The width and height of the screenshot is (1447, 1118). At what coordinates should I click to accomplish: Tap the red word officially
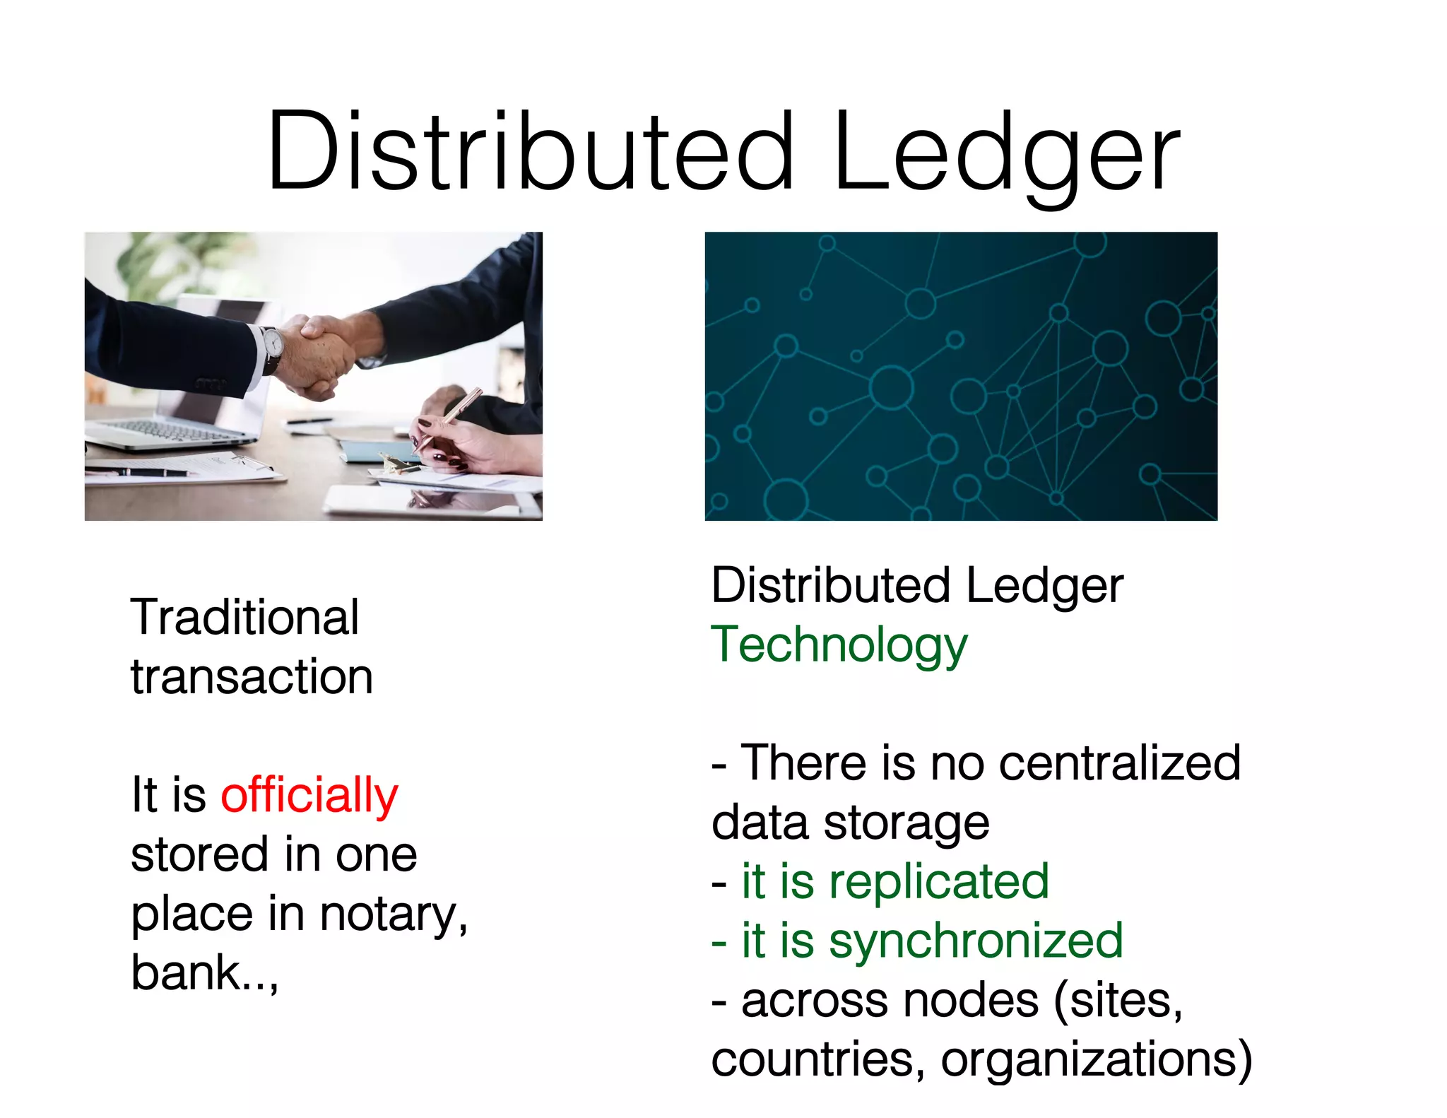click(x=309, y=795)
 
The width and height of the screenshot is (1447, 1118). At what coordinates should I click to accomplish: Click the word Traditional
click(x=244, y=617)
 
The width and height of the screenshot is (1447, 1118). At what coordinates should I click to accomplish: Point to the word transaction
click(x=252, y=676)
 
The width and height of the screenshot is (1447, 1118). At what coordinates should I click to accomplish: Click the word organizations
click(x=1095, y=1059)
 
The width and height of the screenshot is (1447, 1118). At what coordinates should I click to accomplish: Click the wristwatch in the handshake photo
click(x=273, y=344)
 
